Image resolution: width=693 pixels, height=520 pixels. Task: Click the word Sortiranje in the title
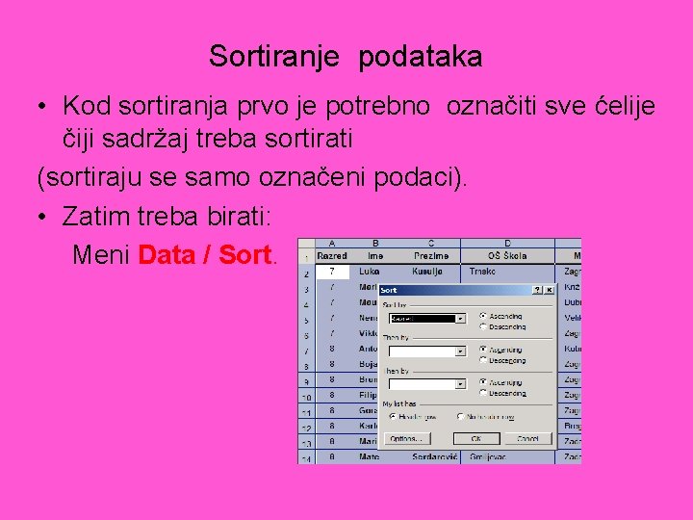(x=274, y=57)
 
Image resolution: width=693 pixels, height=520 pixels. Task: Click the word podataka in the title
(x=421, y=57)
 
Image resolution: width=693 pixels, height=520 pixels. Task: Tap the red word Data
(x=173, y=255)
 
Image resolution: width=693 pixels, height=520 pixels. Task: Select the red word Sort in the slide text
(x=246, y=255)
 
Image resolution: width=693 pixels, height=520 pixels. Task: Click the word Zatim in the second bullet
(x=94, y=217)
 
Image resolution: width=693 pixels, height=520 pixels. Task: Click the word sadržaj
(x=148, y=138)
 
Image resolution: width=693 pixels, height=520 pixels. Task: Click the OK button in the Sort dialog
(x=475, y=438)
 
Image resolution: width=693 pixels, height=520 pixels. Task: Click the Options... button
(x=405, y=438)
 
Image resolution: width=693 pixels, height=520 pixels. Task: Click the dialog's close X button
(x=549, y=289)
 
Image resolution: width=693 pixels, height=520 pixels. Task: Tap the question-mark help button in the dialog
(x=537, y=289)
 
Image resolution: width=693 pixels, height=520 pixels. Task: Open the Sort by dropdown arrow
(x=460, y=318)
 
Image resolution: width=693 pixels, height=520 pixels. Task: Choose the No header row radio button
(x=459, y=417)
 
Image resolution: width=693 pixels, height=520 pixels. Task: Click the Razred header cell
(x=332, y=256)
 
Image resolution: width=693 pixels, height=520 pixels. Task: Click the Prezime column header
(x=430, y=256)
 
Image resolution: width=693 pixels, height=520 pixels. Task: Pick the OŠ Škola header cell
(x=507, y=256)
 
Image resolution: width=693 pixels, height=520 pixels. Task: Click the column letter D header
(x=507, y=244)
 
